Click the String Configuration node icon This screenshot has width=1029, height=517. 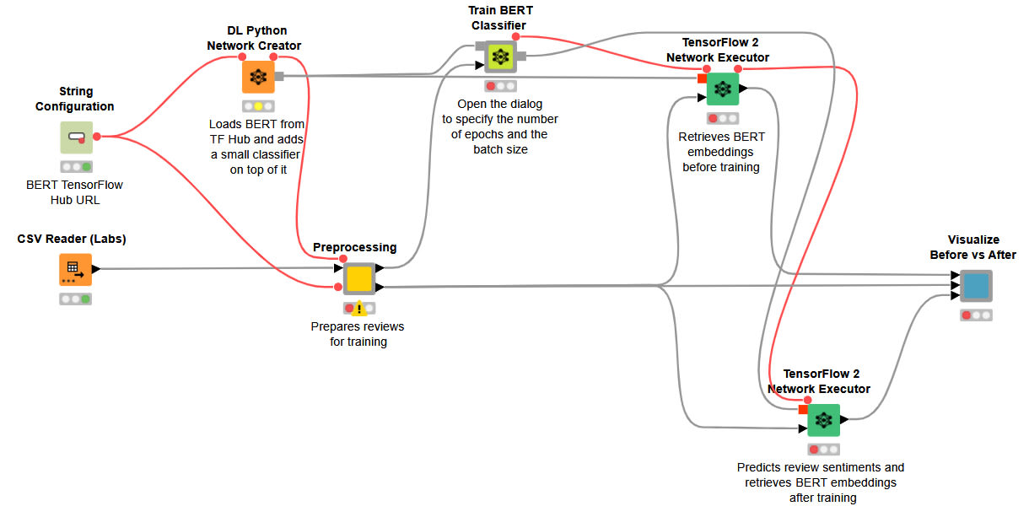tap(76, 137)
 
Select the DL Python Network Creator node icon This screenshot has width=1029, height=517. tap(258, 76)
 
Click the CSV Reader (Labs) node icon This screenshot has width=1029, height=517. tap(75, 269)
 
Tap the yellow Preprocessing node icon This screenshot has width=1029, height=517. tap(359, 278)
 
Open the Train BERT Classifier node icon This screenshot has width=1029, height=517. tap(500, 57)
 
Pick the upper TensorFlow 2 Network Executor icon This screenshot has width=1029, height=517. tap(722, 89)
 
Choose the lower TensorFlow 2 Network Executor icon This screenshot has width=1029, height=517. tap(823, 419)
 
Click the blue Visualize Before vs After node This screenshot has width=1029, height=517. tap(976, 286)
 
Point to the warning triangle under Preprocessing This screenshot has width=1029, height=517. tap(359, 309)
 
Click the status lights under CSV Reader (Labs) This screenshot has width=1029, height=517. tap(75, 299)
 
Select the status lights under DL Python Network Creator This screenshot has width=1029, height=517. tap(258, 106)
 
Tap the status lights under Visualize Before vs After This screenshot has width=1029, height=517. tap(976, 315)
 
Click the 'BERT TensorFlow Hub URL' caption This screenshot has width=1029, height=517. tap(75, 191)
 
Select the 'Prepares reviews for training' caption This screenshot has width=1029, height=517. tap(358, 334)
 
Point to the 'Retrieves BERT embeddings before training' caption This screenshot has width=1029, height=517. tap(721, 152)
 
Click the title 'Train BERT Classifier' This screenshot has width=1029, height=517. tap(500, 18)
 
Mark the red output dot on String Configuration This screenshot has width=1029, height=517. tap(97, 137)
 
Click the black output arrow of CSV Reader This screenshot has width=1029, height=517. tap(96, 269)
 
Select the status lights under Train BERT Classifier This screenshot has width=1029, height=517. tap(500, 86)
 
